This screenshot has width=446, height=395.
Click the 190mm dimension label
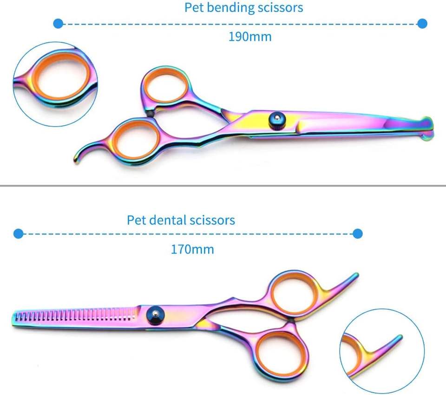pos(249,37)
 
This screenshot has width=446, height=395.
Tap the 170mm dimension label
pos(192,249)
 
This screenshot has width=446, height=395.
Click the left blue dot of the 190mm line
pos(58,23)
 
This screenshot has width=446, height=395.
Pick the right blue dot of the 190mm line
pos(422,23)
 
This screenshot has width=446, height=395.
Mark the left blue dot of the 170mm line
pos(18,233)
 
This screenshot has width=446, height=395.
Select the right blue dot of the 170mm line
pos(357,233)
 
